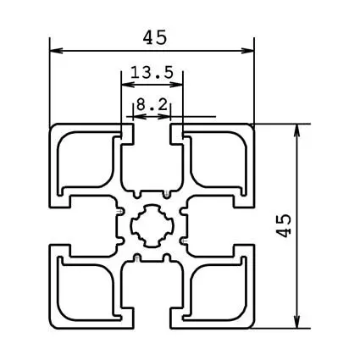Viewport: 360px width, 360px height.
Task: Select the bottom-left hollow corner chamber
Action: click(x=85, y=290)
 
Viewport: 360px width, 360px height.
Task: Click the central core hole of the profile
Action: click(x=153, y=225)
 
